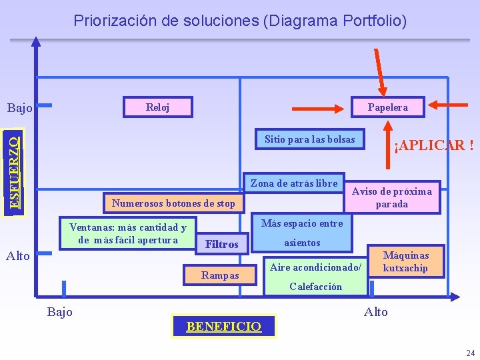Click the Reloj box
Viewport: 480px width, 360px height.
[158, 107]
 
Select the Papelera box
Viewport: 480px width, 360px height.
[388, 107]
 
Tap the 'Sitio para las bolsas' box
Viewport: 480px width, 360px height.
[311, 139]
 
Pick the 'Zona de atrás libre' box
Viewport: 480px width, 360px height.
[294, 183]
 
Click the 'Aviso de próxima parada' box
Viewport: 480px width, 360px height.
[392, 197]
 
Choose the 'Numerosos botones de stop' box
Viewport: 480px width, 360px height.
[174, 203]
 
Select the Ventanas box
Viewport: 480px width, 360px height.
[128, 233]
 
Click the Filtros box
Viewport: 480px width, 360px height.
[222, 245]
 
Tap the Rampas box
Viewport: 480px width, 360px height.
[220, 275]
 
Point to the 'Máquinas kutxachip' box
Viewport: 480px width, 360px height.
[406, 261]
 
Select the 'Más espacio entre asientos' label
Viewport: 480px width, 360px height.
[302, 233]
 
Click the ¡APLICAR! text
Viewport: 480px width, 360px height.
[434, 145]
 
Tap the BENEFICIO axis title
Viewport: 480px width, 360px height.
[223, 326]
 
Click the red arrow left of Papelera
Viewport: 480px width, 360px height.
[318, 107]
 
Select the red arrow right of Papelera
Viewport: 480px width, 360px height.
[451, 104]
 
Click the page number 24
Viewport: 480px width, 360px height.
[471, 353]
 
